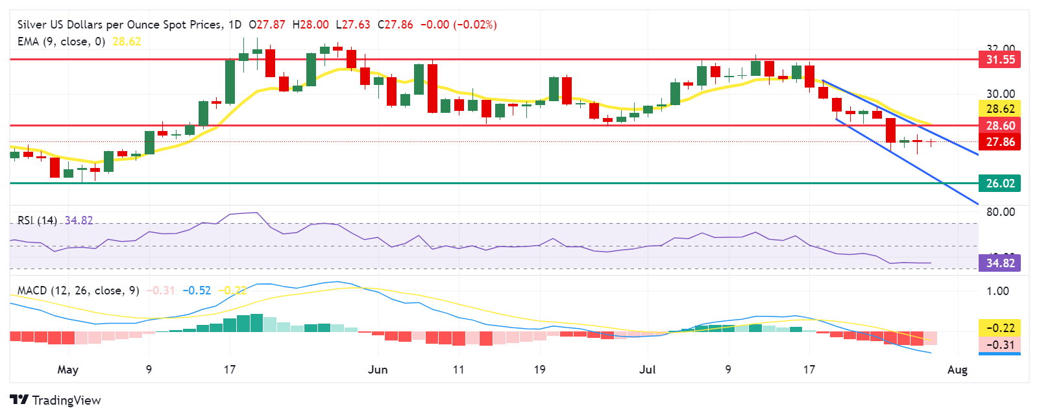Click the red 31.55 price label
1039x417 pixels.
[1000, 60]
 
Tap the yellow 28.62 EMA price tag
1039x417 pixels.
[1000, 109]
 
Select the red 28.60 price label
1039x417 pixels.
[1000, 126]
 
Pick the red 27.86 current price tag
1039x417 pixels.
[1000, 142]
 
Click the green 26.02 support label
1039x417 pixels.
[1000, 184]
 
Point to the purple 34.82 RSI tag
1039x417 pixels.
[1000, 263]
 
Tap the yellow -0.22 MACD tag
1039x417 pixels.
[1000, 328]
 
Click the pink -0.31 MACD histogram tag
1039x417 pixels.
[1000, 344]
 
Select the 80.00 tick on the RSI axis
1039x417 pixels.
[1000, 212]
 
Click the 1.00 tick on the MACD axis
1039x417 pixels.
[997, 291]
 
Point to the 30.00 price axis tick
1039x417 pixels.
[1000, 94]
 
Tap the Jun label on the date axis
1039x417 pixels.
[378, 370]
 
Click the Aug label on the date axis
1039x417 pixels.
[957, 370]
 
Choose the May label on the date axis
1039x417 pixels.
[67, 370]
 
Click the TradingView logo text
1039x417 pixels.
[66, 400]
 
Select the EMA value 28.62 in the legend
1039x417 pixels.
[127, 42]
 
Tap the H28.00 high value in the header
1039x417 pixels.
[310, 25]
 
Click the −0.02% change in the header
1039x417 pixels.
[475, 25]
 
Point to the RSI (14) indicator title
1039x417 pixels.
[37, 220]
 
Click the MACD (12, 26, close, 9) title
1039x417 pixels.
[78, 291]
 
